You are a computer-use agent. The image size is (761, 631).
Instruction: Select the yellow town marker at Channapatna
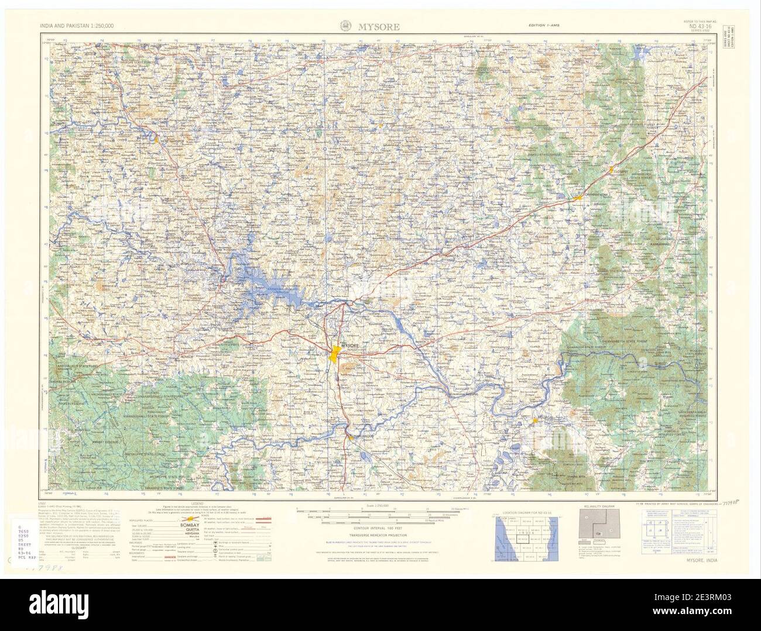[578, 198]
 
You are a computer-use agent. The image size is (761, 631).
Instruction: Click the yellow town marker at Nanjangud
[350, 436]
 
